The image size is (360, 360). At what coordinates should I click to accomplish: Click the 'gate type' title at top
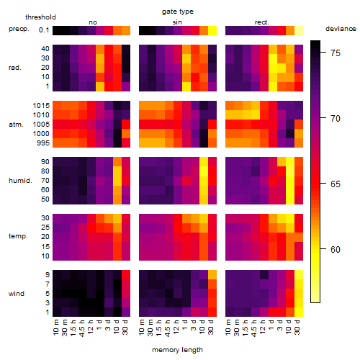pos(178,12)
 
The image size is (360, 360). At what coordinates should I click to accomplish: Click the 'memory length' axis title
pos(177,350)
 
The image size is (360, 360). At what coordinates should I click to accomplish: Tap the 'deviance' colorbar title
pos(341,29)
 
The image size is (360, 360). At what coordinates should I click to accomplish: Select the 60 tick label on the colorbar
pos(336,250)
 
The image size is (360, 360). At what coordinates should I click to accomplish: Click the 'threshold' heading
pos(40,17)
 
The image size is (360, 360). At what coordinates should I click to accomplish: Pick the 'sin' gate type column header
pos(177,22)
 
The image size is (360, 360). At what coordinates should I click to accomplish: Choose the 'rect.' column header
pos(261,22)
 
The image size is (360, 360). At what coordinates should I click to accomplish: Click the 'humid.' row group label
pos(20,181)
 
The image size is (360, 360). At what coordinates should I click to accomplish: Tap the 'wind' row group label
pos(17,294)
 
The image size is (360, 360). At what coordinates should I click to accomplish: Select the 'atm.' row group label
pos(16,125)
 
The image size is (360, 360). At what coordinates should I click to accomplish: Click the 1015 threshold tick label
pos(41,106)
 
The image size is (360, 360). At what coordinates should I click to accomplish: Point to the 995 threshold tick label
pos(43,143)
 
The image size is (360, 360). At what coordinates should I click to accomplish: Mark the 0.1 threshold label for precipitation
pos(44,30)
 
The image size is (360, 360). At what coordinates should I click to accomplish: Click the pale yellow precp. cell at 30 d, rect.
pos(299,30)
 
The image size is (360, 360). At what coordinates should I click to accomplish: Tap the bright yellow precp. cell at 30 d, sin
pos(212,30)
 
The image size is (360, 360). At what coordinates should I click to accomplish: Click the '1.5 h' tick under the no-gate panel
pos(73,328)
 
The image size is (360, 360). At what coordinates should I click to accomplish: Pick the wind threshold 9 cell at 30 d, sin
pos(212,275)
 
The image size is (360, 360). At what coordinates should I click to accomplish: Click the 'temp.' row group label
pos(18,236)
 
